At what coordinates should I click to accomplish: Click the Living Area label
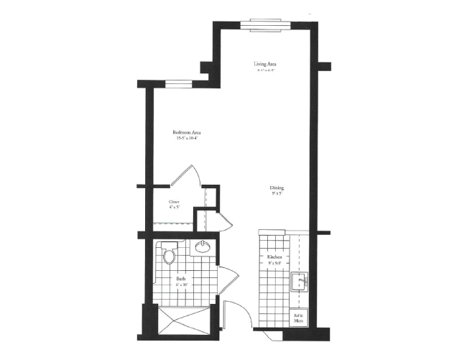(x=265, y=65)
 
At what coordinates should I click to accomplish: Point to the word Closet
(x=174, y=202)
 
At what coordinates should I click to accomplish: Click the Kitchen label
(x=274, y=257)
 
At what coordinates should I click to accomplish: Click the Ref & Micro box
(x=298, y=318)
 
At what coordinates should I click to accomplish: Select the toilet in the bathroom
(x=170, y=254)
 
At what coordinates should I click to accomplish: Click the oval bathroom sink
(x=203, y=247)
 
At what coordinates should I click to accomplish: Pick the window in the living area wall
(x=267, y=24)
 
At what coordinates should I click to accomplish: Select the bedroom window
(x=178, y=83)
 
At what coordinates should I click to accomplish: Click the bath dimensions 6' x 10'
(x=181, y=284)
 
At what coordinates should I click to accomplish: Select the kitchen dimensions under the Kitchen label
(x=274, y=263)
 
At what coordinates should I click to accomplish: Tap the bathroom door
(x=226, y=277)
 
